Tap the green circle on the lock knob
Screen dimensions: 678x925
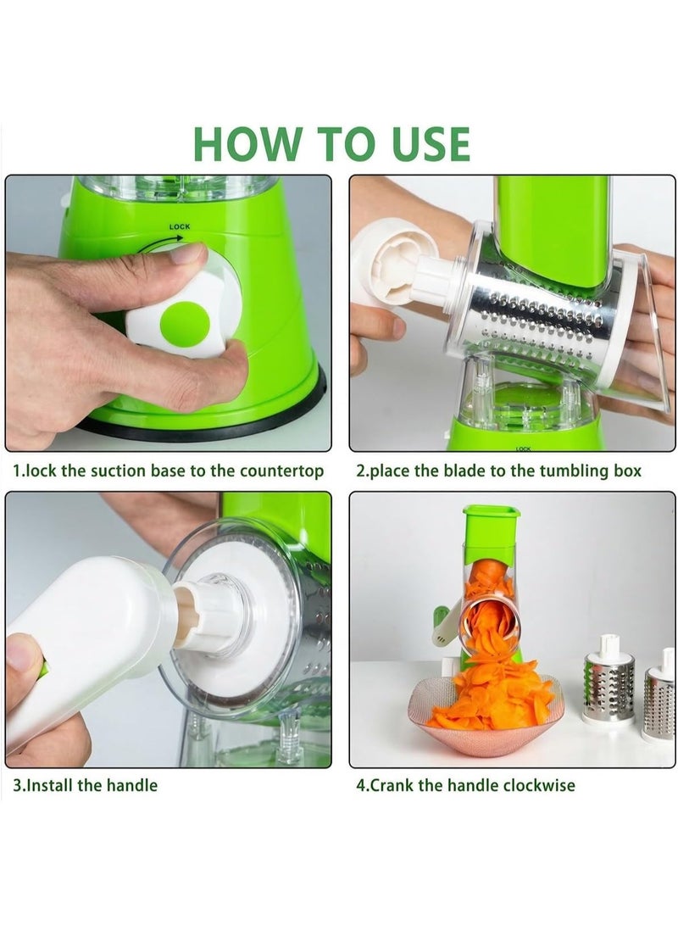pos(185,321)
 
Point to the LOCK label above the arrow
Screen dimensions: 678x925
pos(179,226)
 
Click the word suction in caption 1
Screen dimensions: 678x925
pos(118,471)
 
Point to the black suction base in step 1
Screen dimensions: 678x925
pos(212,421)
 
